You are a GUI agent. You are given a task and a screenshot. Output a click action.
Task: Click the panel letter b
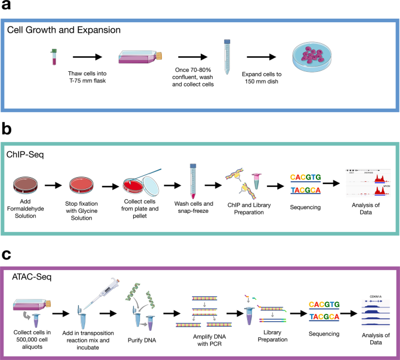pos(6,127)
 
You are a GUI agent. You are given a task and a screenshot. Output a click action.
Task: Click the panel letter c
pos(6,240)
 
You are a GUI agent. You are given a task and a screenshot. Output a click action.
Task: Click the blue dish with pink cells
pos(317,59)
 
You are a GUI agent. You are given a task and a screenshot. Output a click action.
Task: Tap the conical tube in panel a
pos(227,55)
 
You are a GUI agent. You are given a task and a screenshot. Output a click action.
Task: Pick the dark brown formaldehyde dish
pos(28,185)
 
